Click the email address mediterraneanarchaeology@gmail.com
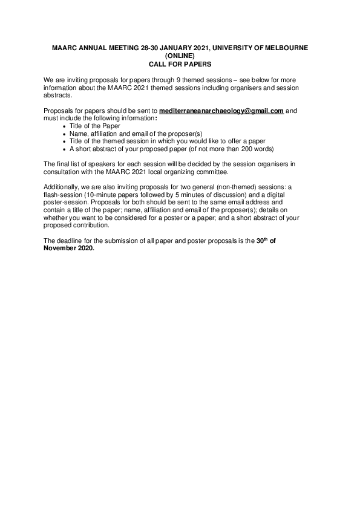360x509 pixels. click(221, 111)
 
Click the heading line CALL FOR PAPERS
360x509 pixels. click(180, 63)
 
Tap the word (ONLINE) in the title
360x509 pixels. click(180, 56)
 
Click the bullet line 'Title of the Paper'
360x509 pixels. click(95, 126)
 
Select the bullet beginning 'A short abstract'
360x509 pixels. click(172, 149)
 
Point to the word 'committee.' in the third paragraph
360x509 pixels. click(212, 172)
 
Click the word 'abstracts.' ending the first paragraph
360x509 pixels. click(58, 96)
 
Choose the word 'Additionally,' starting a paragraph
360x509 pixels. click(63, 187)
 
